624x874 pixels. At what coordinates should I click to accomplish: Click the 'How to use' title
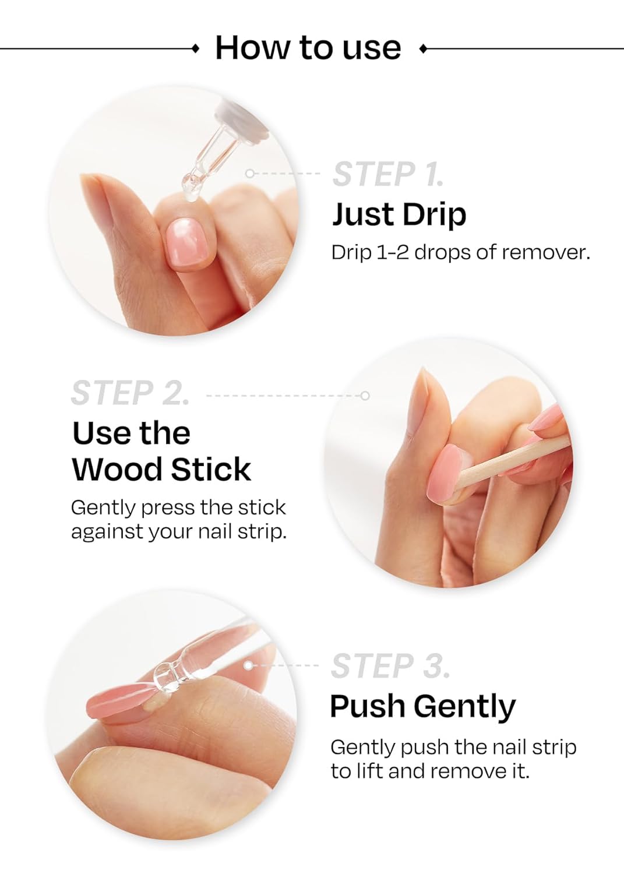(308, 47)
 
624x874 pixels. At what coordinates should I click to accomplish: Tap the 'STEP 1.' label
(388, 174)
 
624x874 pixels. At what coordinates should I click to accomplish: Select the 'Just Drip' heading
(399, 214)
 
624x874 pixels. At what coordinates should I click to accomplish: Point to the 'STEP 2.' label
(130, 393)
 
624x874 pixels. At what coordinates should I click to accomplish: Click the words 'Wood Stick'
(161, 469)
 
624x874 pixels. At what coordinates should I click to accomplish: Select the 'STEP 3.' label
(390, 666)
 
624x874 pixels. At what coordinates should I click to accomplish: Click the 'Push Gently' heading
(422, 706)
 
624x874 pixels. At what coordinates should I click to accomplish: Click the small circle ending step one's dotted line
(250, 174)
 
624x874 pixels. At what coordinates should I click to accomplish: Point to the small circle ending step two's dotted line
(365, 396)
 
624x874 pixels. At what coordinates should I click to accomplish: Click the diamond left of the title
(196, 48)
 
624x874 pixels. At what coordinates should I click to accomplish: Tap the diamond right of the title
(422, 48)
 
